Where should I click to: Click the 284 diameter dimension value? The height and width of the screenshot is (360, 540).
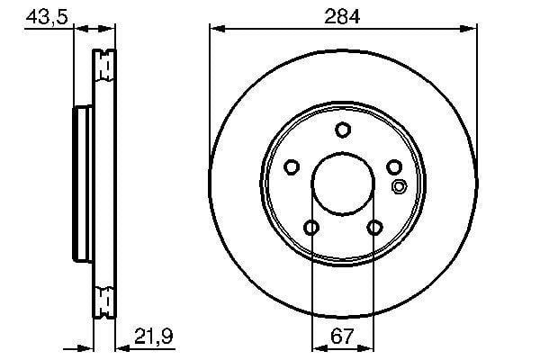click(x=342, y=16)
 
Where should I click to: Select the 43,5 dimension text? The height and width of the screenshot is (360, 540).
click(x=47, y=16)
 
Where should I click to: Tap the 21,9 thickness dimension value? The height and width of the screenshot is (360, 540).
click(x=154, y=336)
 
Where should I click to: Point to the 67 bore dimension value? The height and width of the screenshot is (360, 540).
click(x=342, y=336)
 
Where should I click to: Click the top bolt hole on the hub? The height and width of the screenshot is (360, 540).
click(x=343, y=130)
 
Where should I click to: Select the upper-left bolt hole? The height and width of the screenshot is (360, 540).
click(x=292, y=167)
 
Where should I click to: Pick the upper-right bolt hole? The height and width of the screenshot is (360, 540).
click(x=394, y=167)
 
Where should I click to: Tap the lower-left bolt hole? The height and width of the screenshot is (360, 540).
click(x=311, y=228)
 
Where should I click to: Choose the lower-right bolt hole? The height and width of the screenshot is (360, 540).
click(x=374, y=228)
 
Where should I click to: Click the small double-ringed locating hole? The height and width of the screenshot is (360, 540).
click(x=399, y=186)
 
